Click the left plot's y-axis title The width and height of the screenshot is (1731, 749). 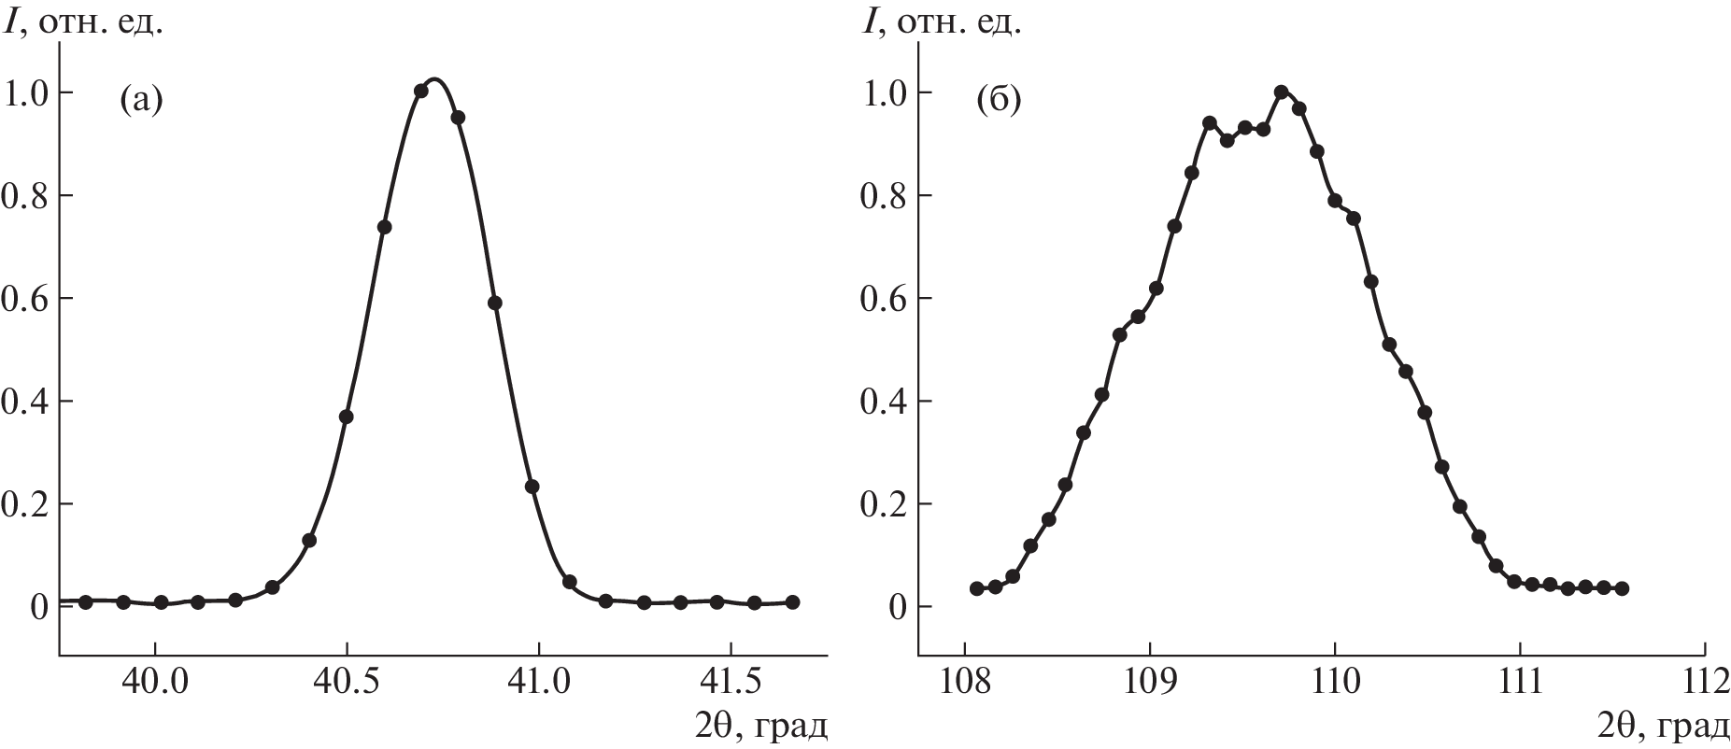pyautogui.click(x=84, y=22)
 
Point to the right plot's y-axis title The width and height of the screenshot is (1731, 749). pyautogui.click(x=942, y=22)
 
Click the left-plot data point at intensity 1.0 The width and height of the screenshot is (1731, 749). pyautogui.click(x=420, y=91)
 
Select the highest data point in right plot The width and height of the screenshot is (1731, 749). pyautogui.click(x=1281, y=92)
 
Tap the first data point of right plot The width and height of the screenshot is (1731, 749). pyautogui.click(x=977, y=588)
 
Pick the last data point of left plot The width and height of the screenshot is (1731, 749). pyautogui.click(x=792, y=602)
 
